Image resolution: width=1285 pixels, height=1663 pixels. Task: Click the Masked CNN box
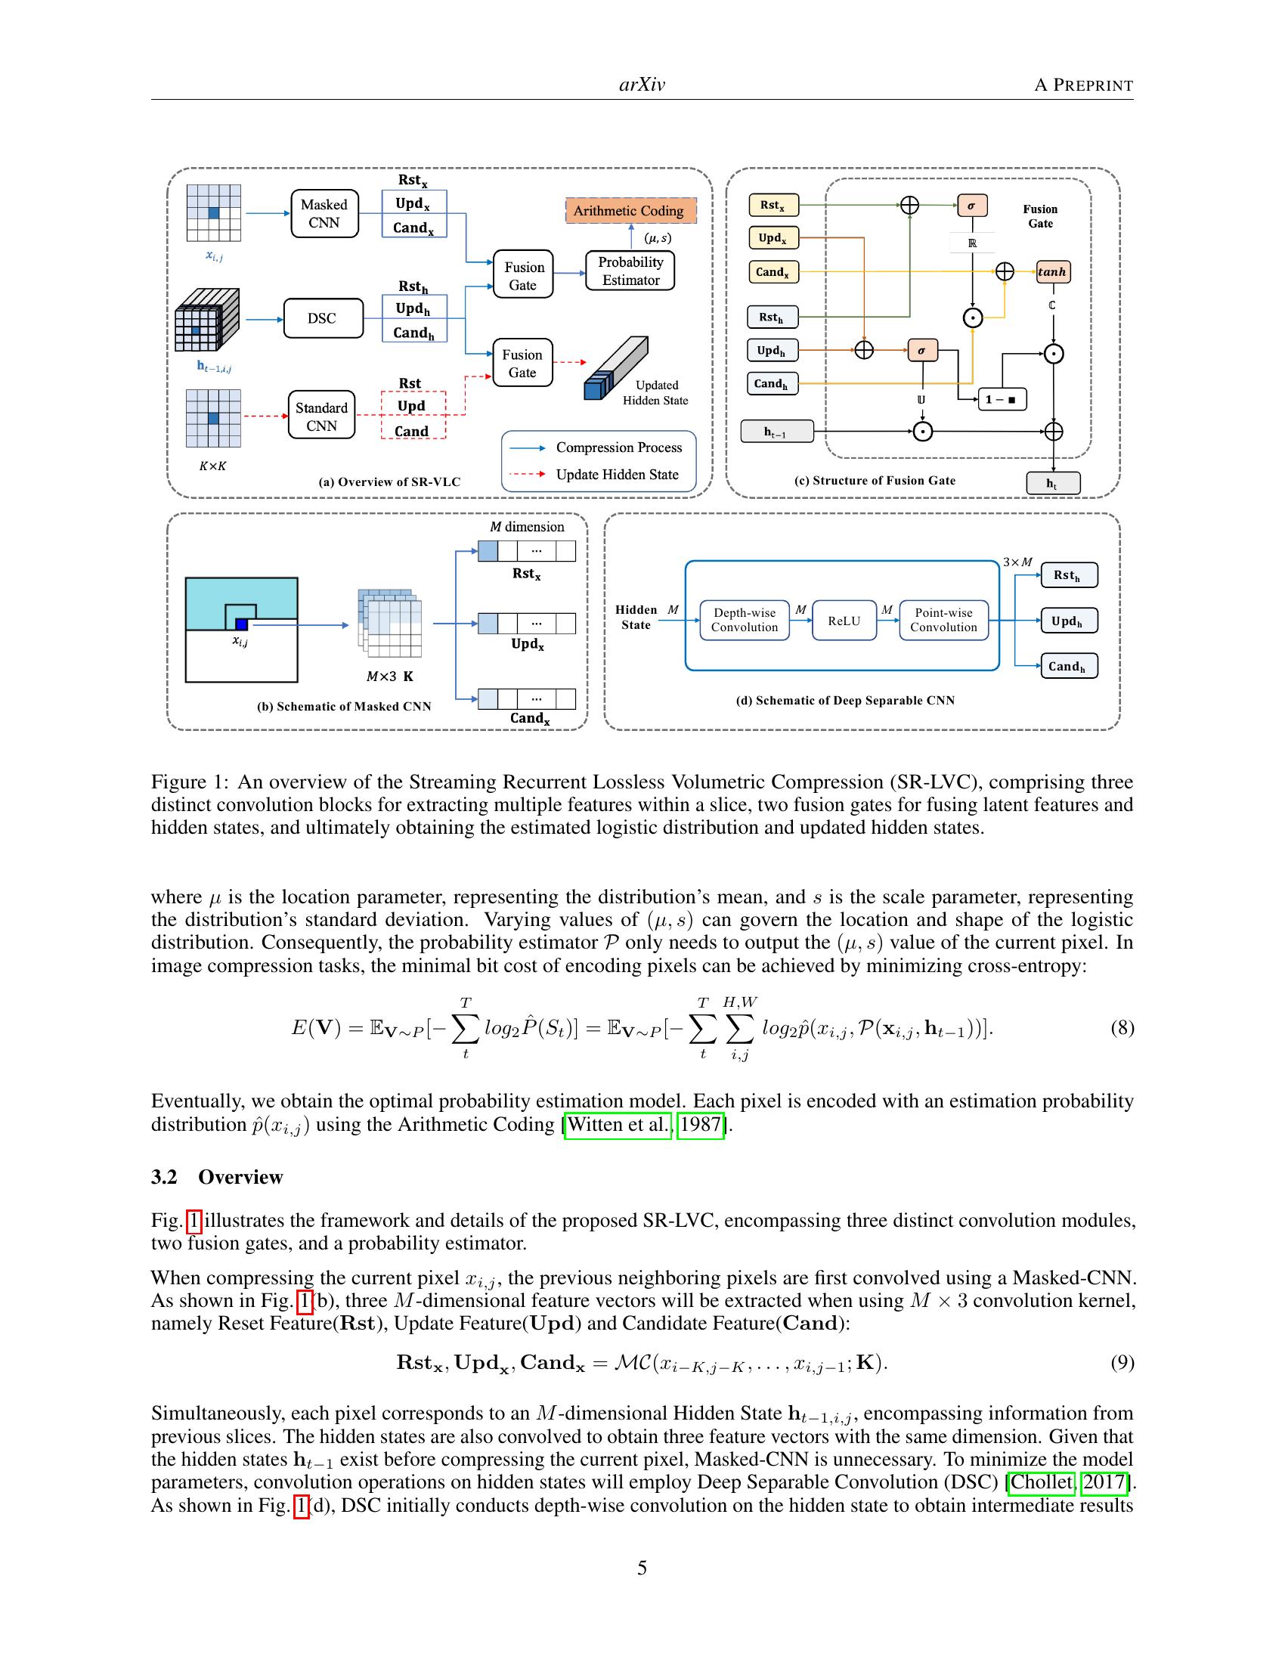tap(324, 214)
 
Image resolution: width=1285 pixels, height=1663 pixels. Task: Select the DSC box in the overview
tap(322, 318)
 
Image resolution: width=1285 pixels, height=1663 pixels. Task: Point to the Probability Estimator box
tap(630, 271)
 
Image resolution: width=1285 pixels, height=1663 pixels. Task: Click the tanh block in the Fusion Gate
tap(1053, 272)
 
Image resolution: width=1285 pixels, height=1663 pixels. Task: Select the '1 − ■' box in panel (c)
tap(1001, 399)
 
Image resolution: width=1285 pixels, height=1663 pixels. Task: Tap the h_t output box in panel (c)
tap(1052, 484)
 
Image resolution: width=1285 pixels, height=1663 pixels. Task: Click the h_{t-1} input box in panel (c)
tap(776, 432)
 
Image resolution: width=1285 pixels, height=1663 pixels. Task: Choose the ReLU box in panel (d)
tap(844, 621)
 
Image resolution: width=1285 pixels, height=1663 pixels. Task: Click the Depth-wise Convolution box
tap(745, 620)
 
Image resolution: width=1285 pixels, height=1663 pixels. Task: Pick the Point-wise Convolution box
tap(943, 620)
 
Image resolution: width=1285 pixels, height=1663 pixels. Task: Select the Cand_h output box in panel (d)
tap(1068, 666)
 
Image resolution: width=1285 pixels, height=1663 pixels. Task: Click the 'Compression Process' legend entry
tap(618, 447)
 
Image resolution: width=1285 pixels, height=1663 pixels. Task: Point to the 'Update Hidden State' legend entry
tap(617, 475)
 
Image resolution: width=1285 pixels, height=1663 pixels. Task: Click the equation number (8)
tap(1122, 1028)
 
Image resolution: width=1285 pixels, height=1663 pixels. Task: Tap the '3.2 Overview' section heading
tap(217, 1177)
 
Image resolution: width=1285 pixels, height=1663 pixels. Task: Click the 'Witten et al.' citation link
tap(618, 1125)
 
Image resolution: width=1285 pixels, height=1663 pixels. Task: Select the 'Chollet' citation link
tap(1041, 1482)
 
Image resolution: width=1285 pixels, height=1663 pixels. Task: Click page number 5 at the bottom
tap(642, 1568)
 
